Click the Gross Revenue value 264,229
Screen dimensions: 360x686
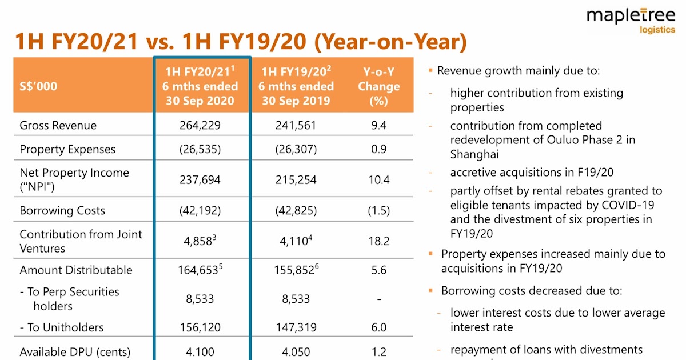pyautogui.click(x=201, y=125)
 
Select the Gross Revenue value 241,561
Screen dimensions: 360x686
pyautogui.click(x=296, y=125)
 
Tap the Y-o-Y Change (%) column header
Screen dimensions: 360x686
pyautogui.click(x=378, y=86)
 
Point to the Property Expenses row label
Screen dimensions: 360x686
pyautogui.click(x=67, y=149)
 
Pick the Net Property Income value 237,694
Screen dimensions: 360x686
pyautogui.click(x=201, y=179)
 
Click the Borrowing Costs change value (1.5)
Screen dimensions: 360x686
pyautogui.click(x=378, y=210)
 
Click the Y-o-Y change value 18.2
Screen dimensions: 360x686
pyautogui.click(x=379, y=241)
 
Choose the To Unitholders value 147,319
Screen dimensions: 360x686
pyautogui.click(x=296, y=327)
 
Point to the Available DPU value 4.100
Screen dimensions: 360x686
pyautogui.click(x=201, y=352)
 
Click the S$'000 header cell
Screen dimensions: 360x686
pyautogui.click(x=38, y=86)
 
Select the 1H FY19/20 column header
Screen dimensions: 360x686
pyautogui.click(x=296, y=86)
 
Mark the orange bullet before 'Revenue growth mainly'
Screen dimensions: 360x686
pyautogui.click(x=430, y=71)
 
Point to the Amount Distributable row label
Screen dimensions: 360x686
pyautogui.click(x=75, y=270)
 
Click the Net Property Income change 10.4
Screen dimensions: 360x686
pyautogui.click(x=379, y=179)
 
